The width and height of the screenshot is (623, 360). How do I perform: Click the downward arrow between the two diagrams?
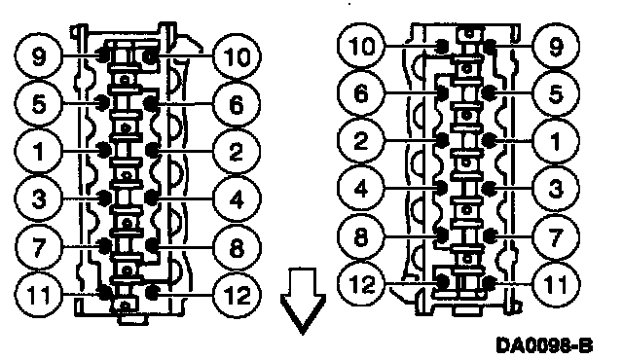click(303, 301)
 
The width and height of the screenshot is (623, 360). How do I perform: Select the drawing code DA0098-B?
click(544, 344)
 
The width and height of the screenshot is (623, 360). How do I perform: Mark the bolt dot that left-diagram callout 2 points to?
click(151, 150)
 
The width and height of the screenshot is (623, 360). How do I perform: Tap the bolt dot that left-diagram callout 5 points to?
click(103, 101)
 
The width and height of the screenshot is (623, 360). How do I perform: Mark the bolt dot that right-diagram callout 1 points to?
click(489, 140)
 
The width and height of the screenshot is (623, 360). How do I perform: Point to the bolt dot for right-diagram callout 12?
click(442, 282)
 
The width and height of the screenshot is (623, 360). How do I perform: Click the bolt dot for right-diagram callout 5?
click(488, 92)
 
